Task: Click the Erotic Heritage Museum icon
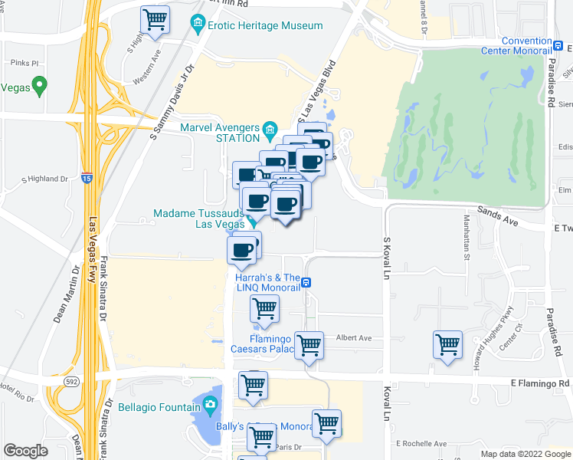[x=199, y=25]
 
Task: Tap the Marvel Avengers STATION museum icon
[x=270, y=128]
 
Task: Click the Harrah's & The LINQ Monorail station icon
[x=306, y=282]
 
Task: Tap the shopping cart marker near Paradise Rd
[x=447, y=344]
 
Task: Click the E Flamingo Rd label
[x=540, y=383]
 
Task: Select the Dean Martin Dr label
[x=67, y=294]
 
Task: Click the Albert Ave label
[x=354, y=338]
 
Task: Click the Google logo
[x=26, y=451]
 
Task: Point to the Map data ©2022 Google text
[x=525, y=454]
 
